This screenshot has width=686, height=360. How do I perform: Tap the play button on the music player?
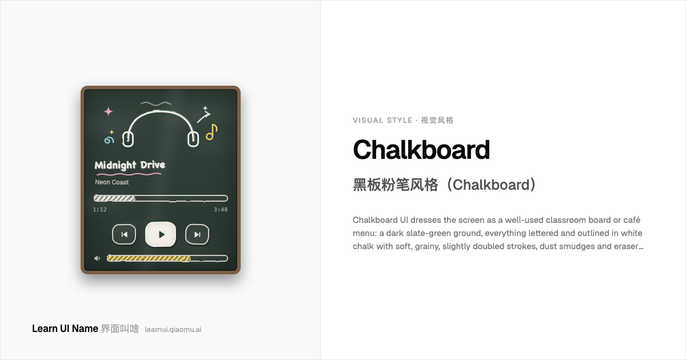tap(161, 234)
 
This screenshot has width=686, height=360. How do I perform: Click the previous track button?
tap(124, 234)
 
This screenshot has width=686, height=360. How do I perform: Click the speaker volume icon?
tap(97, 258)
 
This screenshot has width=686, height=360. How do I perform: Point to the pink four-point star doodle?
tap(108, 111)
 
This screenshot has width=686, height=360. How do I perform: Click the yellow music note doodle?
tap(212, 132)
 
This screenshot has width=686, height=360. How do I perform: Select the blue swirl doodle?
tap(109, 140)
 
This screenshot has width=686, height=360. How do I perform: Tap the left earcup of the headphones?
tap(128, 139)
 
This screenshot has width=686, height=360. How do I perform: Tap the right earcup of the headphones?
tap(193, 139)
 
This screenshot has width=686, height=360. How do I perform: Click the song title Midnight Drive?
tap(130, 165)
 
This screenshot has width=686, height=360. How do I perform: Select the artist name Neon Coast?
tap(112, 182)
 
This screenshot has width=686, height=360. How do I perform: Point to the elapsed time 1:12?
tap(100, 210)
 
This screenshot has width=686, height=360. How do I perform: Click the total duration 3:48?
tap(221, 210)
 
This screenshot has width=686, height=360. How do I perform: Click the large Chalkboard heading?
tap(421, 150)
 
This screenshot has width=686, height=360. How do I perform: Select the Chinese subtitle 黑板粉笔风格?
tap(396, 185)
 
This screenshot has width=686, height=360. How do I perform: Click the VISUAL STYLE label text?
tap(382, 121)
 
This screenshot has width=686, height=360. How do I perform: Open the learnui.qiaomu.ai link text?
tap(173, 329)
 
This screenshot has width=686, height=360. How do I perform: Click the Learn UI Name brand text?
tap(65, 329)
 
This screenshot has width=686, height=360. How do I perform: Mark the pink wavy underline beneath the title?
tap(129, 174)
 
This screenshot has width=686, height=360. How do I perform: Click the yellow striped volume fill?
tap(149, 258)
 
